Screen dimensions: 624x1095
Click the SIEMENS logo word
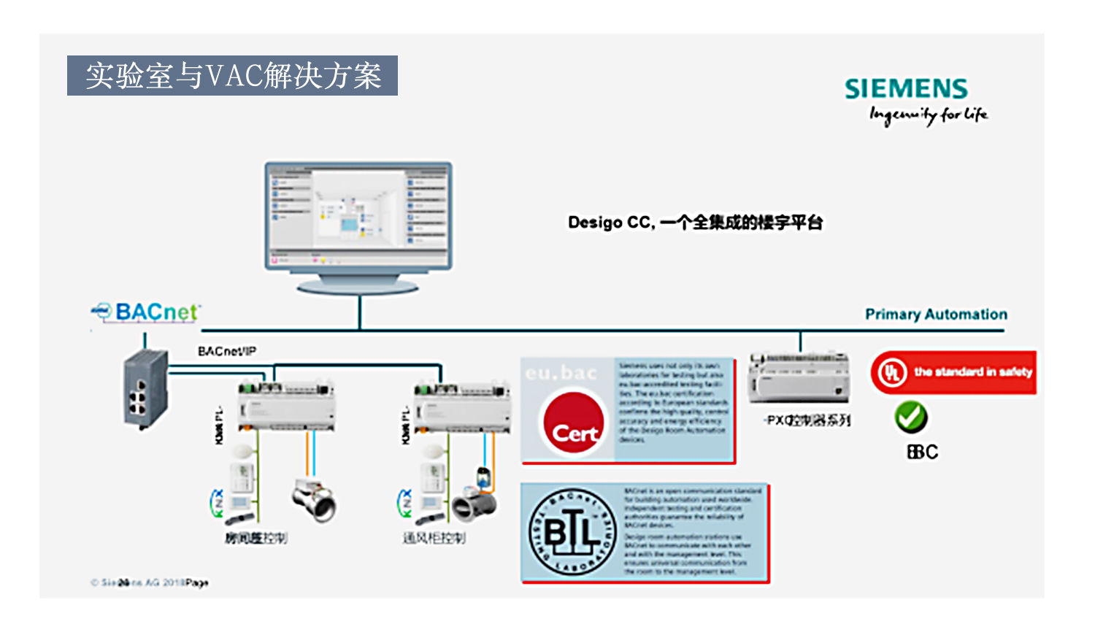pos(906,89)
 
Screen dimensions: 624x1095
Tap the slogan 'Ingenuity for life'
pos(928,115)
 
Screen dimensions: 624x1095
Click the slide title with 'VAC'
pos(232,76)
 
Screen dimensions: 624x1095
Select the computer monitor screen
pos(358,215)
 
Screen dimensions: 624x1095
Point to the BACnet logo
pos(146,312)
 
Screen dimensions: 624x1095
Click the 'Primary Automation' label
pos(936,315)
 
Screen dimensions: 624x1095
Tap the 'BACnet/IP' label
pos(227,352)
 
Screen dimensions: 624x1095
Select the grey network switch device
pos(145,389)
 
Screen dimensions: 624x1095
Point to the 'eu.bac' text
pos(561,373)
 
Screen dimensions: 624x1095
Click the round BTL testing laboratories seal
pos(572,533)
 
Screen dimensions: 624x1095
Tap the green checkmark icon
pos(910,417)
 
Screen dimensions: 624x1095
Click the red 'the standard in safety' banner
pos(953,372)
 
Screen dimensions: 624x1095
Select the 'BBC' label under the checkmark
pos(922,452)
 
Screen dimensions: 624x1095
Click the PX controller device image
pos(799,377)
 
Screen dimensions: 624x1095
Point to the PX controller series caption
pos(807,420)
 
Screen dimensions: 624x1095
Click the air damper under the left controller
pos(314,499)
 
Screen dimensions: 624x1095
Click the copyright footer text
pos(150,582)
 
